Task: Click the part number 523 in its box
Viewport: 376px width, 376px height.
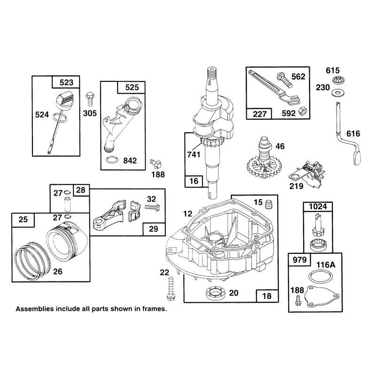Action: point(66,83)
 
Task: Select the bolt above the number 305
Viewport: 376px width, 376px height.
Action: point(89,99)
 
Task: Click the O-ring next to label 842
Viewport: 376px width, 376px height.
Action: point(112,160)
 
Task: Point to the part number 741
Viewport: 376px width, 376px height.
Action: point(194,155)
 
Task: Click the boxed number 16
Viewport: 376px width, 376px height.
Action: point(194,181)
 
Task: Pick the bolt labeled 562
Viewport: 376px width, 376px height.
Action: point(284,79)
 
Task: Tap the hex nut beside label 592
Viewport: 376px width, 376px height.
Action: point(303,111)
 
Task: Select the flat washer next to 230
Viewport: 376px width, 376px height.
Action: point(337,92)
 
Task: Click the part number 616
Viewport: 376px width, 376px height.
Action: point(353,133)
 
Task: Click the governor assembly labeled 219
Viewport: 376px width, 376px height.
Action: point(308,173)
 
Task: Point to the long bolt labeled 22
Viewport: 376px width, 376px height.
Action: point(171,289)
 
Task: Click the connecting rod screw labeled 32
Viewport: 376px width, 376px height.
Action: point(152,206)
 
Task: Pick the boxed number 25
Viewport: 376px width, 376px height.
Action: point(23,219)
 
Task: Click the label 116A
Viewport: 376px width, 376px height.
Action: point(326,265)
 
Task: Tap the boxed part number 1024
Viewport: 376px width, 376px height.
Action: point(318,206)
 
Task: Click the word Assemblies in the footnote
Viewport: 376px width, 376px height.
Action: point(35,309)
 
